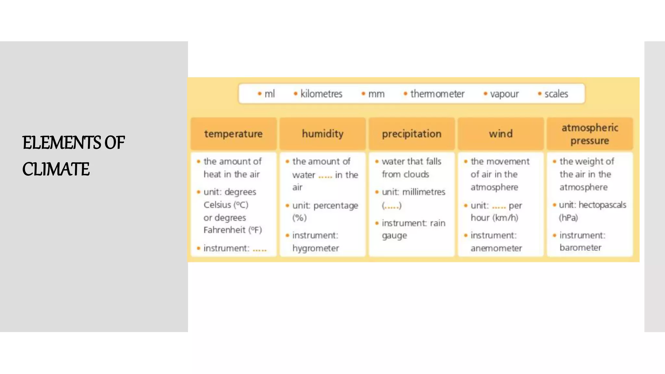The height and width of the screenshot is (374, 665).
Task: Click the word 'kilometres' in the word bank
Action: [321, 94]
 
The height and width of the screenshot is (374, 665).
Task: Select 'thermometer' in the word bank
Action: [437, 94]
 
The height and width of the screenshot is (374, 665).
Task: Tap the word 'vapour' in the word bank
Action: [504, 94]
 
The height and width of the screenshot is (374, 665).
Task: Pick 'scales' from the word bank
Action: [556, 94]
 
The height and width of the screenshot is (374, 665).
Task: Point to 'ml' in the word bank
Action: [270, 94]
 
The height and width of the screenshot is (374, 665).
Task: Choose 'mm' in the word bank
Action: [376, 94]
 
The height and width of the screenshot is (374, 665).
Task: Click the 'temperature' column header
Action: [233, 134]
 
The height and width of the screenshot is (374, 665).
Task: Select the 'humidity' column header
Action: [322, 134]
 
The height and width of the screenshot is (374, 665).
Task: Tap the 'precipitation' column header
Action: [411, 134]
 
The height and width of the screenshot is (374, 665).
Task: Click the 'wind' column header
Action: [501, 134]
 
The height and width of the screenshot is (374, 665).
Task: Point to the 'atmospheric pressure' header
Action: [590, 134]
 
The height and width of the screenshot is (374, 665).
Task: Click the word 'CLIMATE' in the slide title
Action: [56, 169]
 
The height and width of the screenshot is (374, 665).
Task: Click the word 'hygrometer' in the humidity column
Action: [316, 248]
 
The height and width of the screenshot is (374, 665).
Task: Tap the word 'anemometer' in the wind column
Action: [496, 248]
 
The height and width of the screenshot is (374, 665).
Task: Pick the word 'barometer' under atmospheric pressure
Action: [580, 248]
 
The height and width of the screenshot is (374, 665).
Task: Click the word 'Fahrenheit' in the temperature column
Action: [224, 230]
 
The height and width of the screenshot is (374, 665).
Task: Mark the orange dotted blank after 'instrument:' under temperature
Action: [259, 249]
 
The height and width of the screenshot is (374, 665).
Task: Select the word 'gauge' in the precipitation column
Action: [394, 236]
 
